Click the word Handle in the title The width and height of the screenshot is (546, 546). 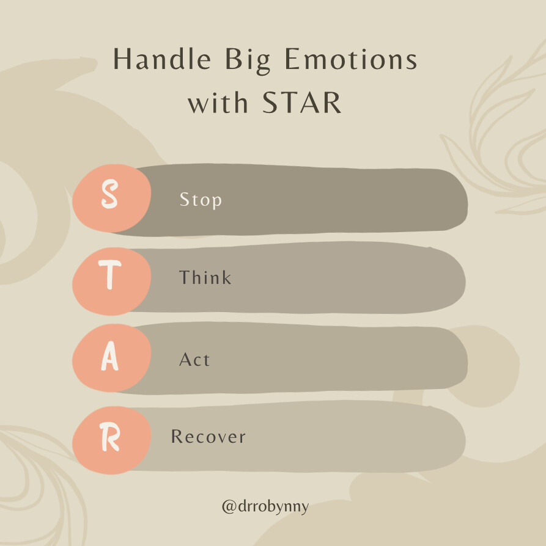click(x=162, y=59)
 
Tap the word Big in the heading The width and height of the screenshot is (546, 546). click(x=248, y=61)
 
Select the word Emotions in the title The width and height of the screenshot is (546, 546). click(x=351, y=59)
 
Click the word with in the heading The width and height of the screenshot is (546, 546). click(x=218, y=103)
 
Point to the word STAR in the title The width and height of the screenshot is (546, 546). click(x=302, y=103)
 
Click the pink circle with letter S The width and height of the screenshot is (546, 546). click(x=111, y=198)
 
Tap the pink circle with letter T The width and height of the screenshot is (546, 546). click(x=111, y=282)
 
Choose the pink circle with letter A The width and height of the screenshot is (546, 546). click(x=111, y=358)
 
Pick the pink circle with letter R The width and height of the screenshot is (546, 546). click(x=111, y=440)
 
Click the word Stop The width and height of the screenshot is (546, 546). click(x=201, y=200)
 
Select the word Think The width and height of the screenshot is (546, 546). click(x=205, y=277)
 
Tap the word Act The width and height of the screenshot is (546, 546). click(x=194, y=359)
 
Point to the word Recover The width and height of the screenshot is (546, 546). click(x=208, y=436)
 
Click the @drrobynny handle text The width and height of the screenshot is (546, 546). click(x=265, y=507)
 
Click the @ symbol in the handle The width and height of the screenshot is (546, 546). click(x=229, y=507)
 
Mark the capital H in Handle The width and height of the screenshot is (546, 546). click(x=123, y=59)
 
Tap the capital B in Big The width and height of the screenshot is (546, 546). click(x=233, y=59)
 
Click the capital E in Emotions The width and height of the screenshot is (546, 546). click(x=293, y=59)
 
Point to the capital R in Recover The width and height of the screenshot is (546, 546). click(x=177, y=436)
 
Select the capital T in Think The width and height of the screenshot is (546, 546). click(x=185, y=277)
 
